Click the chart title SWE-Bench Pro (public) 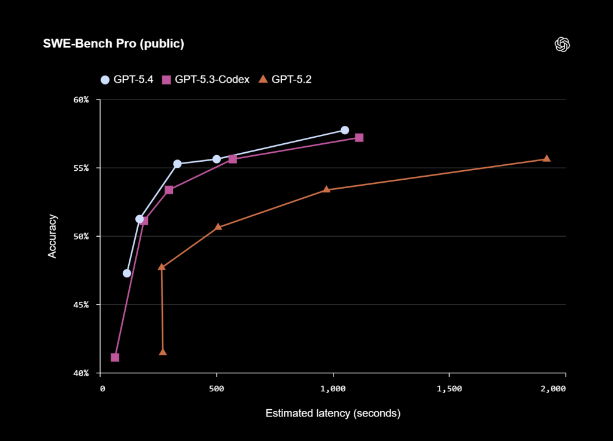coord(113,44)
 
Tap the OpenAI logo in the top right coord(562,44)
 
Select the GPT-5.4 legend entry coord(127,79)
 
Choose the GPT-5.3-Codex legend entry coord(206,79)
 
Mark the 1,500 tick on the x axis coord(449,388)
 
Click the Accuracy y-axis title coord(52,236)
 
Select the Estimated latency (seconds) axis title coord(333,413)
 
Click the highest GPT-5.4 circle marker coord(345,130)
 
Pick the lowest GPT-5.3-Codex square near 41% coord(115,357)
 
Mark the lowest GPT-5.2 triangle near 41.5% coord(163,352)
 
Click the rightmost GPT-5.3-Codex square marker coord(359,137)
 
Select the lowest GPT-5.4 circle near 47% coord(127,273)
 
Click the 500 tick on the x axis coord(217,388)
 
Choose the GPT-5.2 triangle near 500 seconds coord(218,226)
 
